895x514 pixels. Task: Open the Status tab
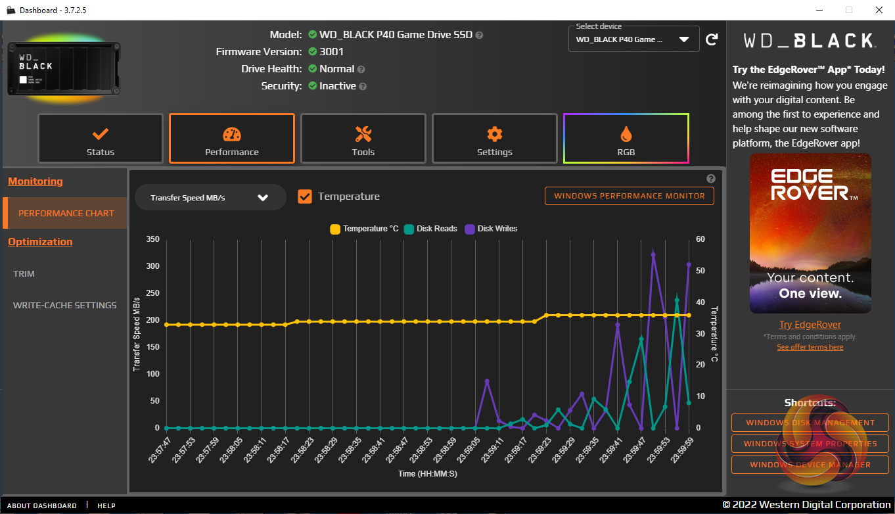coord(100,139)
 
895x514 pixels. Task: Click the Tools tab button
coord(363,139)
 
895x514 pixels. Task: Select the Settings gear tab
coord(494,139)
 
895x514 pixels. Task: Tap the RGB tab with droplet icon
coord(626,139)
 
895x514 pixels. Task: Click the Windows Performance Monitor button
coord(629,196)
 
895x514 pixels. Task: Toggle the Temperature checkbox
coord(305,197)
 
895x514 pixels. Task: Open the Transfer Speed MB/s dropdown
coord(210,197)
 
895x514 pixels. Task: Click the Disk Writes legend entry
coord(491,229)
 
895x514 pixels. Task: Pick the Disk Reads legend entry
coord(430,229)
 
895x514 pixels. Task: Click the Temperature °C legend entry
coord(364,229)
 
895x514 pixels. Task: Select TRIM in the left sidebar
coord(24,273)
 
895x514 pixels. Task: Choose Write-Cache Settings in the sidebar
coord(64,305)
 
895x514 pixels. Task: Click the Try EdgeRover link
coord(810,325)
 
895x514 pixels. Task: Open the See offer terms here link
coord(810,347)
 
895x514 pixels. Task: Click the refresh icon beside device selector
coord(712,40)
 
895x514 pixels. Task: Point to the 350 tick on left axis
coord(152,239)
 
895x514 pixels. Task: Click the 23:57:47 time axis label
coord(160,449)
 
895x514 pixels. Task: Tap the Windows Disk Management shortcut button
coord(810,423)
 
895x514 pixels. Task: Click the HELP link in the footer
coord(106,505)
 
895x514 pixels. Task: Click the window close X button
coord(879,10)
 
